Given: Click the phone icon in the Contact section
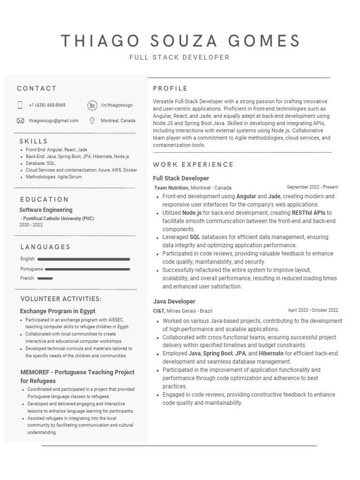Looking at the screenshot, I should [20, 105].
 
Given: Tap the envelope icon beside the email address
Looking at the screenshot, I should [20, 120].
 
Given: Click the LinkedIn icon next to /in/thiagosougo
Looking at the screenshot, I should [92, 105].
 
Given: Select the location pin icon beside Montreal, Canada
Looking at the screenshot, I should [92, 120].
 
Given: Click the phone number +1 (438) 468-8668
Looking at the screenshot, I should [47, 105].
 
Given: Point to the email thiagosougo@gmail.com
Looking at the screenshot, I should [53, 120].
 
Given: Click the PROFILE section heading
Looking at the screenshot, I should [170, 89].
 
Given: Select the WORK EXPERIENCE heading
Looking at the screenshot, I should [193, 165].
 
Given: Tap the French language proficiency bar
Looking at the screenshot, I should [45, 278].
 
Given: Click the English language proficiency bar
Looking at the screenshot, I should [83, 259].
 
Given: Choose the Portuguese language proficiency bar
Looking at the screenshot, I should [87, 269].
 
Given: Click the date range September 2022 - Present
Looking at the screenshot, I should [312, 187].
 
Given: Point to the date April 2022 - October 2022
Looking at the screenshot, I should [313, 310].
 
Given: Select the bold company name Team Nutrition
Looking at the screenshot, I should [172, 187].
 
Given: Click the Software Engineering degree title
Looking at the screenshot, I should [46, 210].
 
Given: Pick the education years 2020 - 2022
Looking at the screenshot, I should [31, 225].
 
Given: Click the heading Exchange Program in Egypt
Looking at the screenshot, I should [58, 311].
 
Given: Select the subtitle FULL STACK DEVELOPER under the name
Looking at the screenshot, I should [180, 58].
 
